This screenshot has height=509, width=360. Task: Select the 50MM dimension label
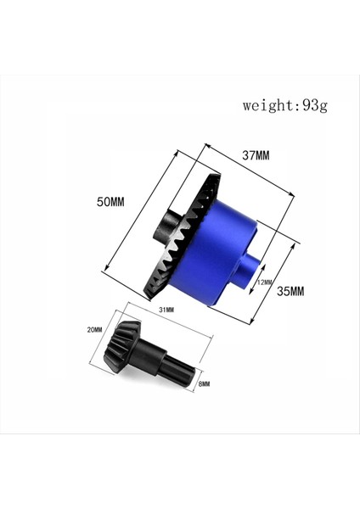pos(110,202)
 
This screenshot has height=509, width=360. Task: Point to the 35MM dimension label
pos(290,291)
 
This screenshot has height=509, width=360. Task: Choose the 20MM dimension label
pos(94,329)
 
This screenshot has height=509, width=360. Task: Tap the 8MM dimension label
pos(203,384)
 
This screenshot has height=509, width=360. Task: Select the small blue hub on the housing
pos(248,271)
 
